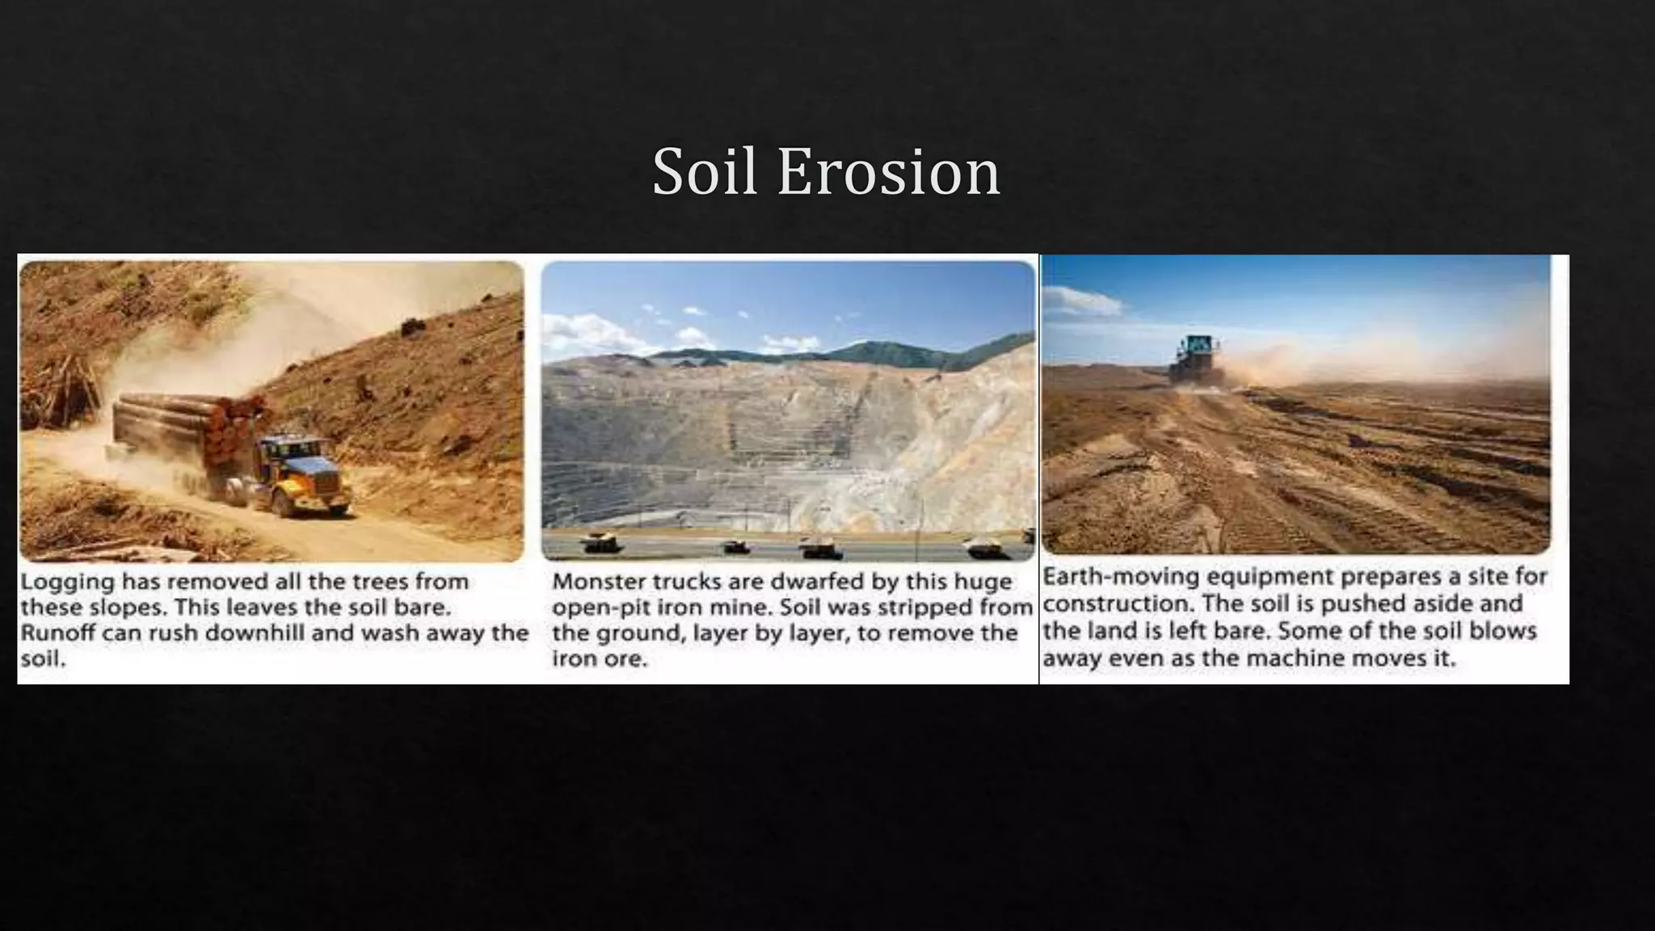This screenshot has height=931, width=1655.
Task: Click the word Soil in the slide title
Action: [704, 172]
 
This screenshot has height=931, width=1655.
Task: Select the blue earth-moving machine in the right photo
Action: [1194, 358]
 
